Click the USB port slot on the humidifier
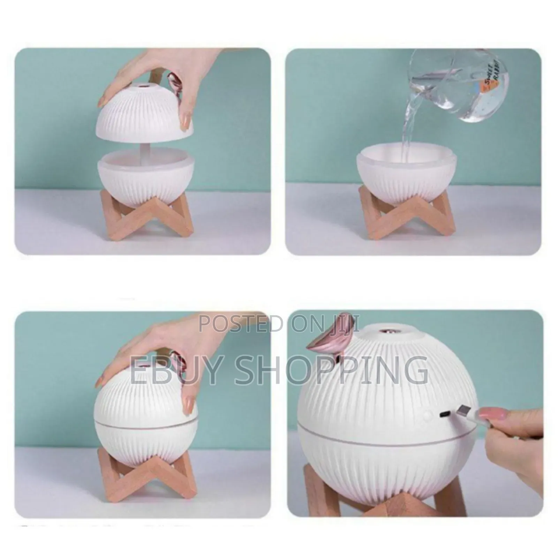pyautogui.click(x=444, y=414)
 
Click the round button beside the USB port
pyautogui.click(x=427, y=415)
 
